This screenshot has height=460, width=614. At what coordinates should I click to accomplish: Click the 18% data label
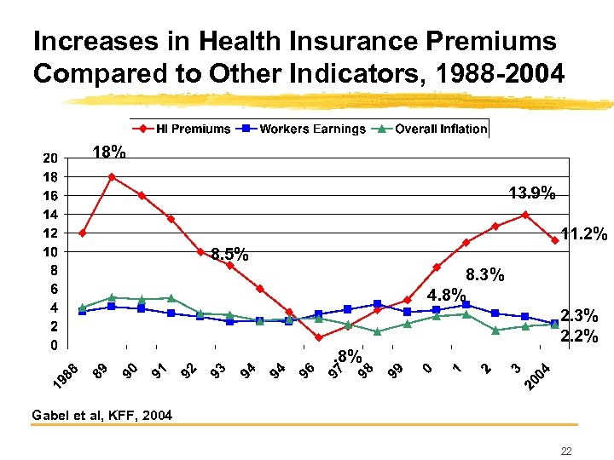(109, 153)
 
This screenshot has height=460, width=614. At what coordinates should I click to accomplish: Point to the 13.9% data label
(532, 194)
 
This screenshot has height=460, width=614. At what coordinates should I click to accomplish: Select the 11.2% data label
(584, 233)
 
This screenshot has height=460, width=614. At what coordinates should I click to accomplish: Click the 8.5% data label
(229, 254)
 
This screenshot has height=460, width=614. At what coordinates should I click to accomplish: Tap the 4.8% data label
(446, 296)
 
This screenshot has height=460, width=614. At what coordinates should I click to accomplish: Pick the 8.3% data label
(485, 275)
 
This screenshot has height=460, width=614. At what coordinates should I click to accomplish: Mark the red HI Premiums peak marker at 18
(112, 177)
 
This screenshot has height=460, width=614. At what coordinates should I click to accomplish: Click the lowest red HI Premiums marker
(318, 337)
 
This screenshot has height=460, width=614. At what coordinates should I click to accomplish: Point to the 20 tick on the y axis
(50, 158)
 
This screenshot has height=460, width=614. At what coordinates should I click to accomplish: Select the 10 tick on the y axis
(50, 252)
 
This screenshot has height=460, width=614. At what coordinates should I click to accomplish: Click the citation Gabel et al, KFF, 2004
(101, 416)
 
